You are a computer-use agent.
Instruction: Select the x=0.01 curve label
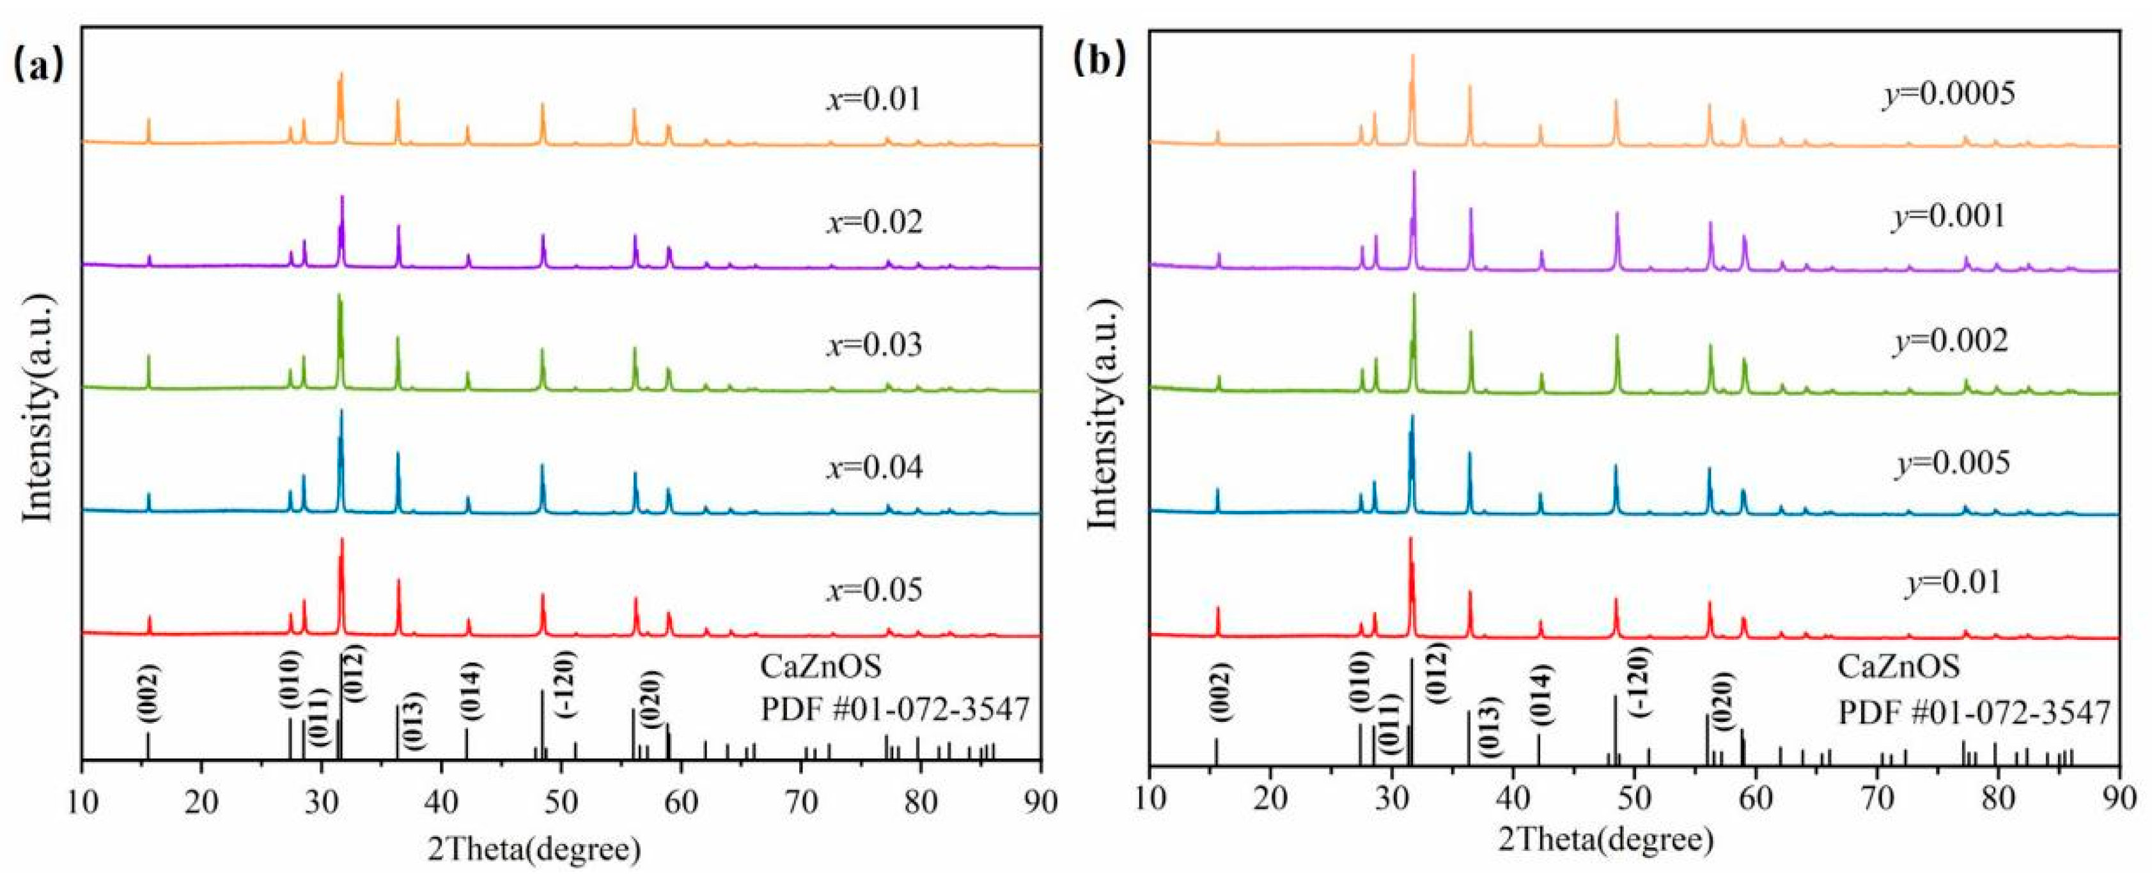(x=874, y=100)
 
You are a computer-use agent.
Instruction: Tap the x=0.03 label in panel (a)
(x=874, y=345)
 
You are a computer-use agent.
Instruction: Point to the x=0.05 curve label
(x=874, y=590)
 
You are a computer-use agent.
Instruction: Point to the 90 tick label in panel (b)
(x=2119, y=806)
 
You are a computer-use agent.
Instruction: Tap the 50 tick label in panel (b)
(x=1634, y=806)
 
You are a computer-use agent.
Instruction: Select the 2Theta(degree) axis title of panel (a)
(x=534, y=850)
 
